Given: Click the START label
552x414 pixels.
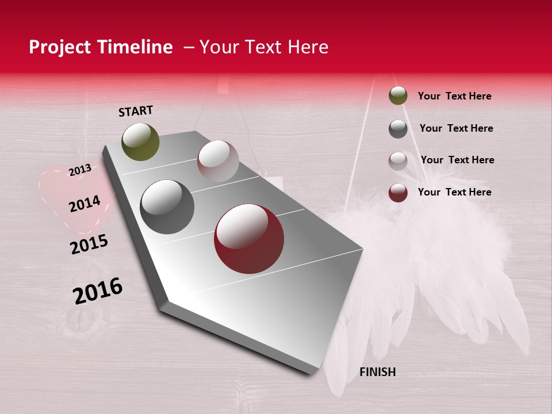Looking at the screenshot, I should [x=136, y=111].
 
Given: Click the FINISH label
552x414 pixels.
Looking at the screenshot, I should [x=377, y=372].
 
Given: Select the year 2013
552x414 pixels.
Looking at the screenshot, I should [x=80, y=170].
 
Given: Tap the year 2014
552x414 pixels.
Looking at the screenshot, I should [x=85, y=204].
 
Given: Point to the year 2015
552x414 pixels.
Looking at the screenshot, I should [x=89, y=244].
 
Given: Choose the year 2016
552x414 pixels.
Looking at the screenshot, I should [x=98, y=290].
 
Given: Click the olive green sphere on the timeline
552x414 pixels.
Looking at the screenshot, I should [x=140, y=141].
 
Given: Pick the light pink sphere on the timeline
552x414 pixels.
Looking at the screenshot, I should [x=218, y=161].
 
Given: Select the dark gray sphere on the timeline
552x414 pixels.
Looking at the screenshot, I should [x=167, y=206].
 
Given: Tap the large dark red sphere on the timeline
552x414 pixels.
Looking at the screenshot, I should [x=249, y=239].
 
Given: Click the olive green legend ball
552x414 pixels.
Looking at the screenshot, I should [x=398, y=95].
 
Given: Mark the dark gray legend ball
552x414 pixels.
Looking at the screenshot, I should [x=398, y=129].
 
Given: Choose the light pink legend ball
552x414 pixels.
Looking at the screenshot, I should [x=398, y=161].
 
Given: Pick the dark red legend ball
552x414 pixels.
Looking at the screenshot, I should [x=398, y=193].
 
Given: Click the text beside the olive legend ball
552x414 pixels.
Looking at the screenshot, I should [x=454, y=96].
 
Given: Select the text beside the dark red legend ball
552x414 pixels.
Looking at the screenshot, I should [x=454, y=192].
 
